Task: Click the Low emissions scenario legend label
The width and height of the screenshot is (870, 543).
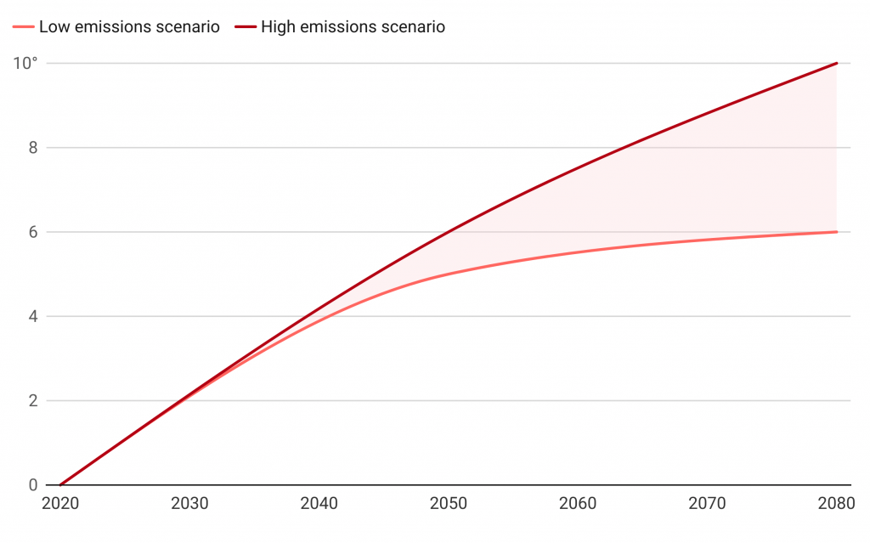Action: (x=129, y=27)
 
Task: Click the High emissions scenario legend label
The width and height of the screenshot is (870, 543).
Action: (x=353, y=27)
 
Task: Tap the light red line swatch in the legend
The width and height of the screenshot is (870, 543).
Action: (x=24, y=27)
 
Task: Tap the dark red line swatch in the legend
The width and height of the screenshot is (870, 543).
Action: (x=246, y=27)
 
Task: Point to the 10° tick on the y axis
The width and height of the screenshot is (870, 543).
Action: (x=28, y=63)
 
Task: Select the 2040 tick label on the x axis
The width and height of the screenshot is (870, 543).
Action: (x=319, y=504)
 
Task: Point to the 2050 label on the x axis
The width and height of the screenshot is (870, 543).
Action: (x=449, y=504)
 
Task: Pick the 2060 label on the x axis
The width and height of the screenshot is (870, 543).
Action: (x=578, y=504)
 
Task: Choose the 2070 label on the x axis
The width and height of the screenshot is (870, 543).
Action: (x=708, y=504)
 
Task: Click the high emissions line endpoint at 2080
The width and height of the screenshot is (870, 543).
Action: (x=837, y=63)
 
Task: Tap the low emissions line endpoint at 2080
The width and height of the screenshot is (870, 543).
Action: (x=837, y=232)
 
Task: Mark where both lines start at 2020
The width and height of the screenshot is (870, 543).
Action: (x=60, y=485)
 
